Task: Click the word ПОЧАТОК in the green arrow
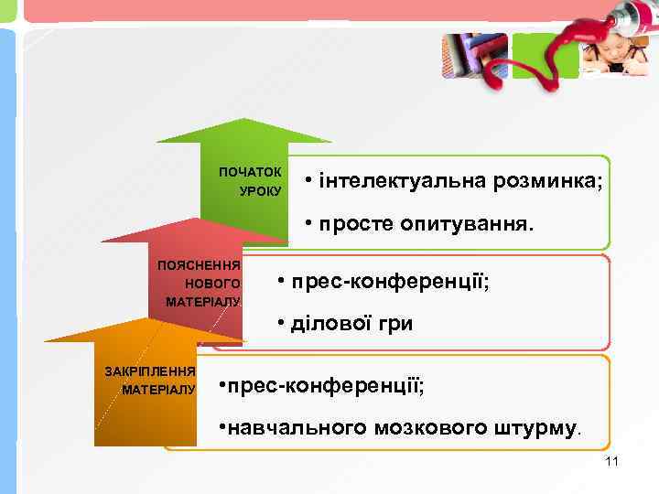pyautogui.click(x=250, y=172)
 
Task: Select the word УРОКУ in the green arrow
pyautogui.click(x=260, y=191)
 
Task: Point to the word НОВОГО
pyautogui.click(x=212, y=284)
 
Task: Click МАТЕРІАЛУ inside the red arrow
pyautogui.click(x=202, y=302)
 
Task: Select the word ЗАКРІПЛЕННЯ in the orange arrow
pyautogui.click(x=150, y=371)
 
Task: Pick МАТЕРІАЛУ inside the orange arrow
pyautogui.click(x=158, y=390)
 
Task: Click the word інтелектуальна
pyautogui.click(x=404, y=180)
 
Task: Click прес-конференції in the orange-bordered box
pyautogui.click(x=325, y=386)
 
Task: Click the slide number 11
pyautogui.click(x=612, y=461)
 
